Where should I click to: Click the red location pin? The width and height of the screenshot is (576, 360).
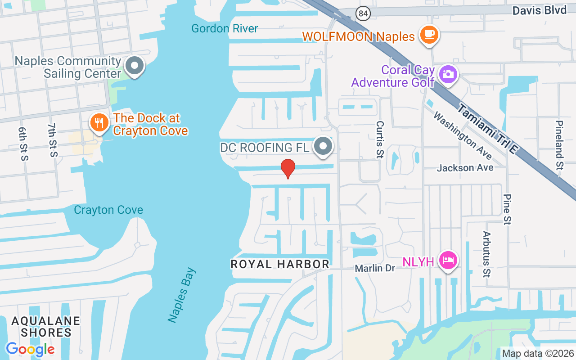pyautogui.click(x=288, y=168)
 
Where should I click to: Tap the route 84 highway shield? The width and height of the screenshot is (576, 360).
pyautogui.click(x=363, y=13)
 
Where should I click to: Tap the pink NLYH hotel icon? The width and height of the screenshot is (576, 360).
pyautogui.click(x=448, y=260)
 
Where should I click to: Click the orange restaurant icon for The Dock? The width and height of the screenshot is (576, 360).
pyautogui.click(x=99, y=122)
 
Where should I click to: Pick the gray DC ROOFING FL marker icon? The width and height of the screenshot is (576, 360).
pyautogui.click(x=323, y=146)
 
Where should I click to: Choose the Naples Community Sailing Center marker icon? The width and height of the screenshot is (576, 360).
pyautogui.click(x=134, y=66)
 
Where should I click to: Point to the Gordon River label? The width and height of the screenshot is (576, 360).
pyautogui.click(x=225, y=29)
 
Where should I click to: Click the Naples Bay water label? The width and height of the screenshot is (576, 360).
pyautogui.click(x=182, y=295)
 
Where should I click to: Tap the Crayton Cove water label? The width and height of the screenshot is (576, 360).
pyautogui.click(x=108, y=210)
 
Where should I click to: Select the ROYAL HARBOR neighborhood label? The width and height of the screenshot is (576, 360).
pyautogui.click(x=280, y=264)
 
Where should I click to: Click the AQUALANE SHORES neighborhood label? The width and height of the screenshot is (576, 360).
pyautogui.click(x=46, y=327)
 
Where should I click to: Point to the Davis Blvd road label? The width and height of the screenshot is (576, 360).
pyautogui.click(x=539, y=10)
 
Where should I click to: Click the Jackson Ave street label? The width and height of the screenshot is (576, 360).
pyautogui.click(x=465, y=168)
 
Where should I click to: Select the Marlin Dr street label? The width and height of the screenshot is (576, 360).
pyautogui.click(x=375, y=268)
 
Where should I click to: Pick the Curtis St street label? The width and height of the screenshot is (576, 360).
pyautogui.click(x=380, y=139)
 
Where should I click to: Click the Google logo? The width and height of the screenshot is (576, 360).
pyautogui.click(x=30, y=349)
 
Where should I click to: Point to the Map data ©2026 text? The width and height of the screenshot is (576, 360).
pyautogui.click(x=538, y=353)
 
